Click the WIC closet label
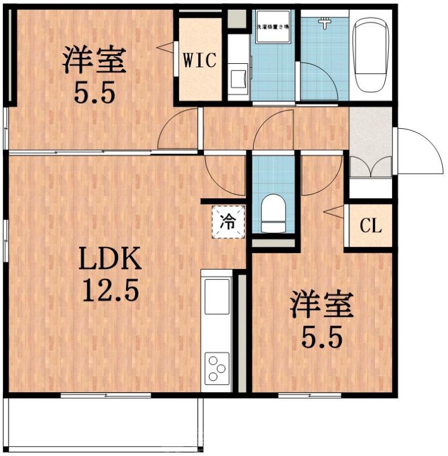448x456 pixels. click(199, 60)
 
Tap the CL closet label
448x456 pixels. click(370, 227)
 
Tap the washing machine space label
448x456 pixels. click(272, 27)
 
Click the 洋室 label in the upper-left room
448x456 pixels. click(93, 61)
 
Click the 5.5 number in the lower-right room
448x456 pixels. click(322, 338)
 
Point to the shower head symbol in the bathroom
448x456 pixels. click(325, 23)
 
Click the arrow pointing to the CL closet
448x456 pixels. click(331, 213)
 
